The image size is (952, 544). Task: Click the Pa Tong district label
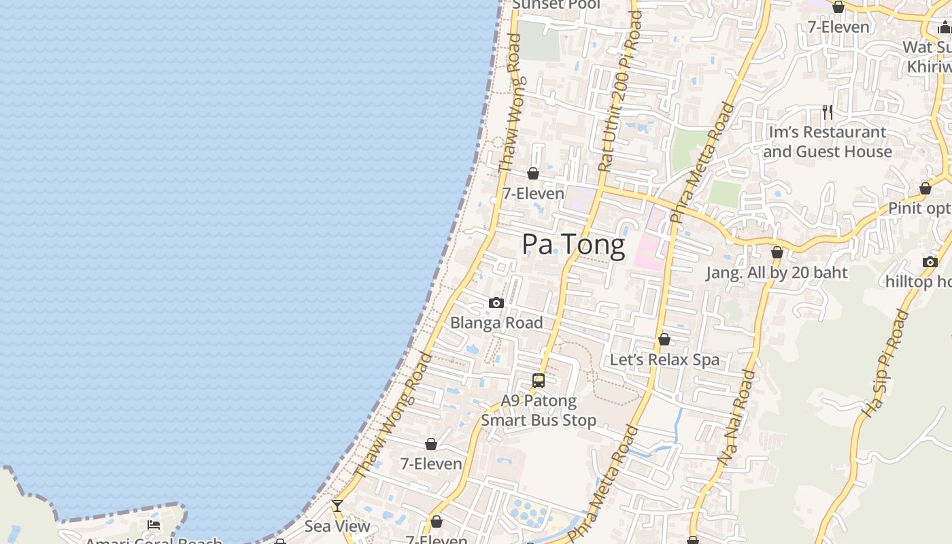[x=573, y=245]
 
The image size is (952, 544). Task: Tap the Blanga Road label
[x=496, y=323]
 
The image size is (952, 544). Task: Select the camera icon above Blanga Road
[x=496, y=303]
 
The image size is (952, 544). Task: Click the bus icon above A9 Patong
[x=539, y=381]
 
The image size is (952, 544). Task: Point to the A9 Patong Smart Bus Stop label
[x=539, y=411]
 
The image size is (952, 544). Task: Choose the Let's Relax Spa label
[x=664, y=360]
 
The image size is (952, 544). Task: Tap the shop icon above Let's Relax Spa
[x=664, y=339]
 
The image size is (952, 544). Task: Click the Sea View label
[x=337, y=526]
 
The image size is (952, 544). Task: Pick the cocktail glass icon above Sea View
[x=337, y=506]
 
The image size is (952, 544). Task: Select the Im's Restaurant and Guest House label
[x=827, y=141]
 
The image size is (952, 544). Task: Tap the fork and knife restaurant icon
[x=828, y=112]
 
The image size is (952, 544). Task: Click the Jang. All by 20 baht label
[x=777, y=273]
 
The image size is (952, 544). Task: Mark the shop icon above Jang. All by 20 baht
[x=777, y=253]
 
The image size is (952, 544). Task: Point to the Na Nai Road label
[x=736, y=417]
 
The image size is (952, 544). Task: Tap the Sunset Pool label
[x=556, y=5]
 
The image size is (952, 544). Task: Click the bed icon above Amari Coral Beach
[x=154, y=525]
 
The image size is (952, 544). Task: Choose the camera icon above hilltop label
[x=930, y=262]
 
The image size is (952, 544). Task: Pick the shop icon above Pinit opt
[x=925, y=188]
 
